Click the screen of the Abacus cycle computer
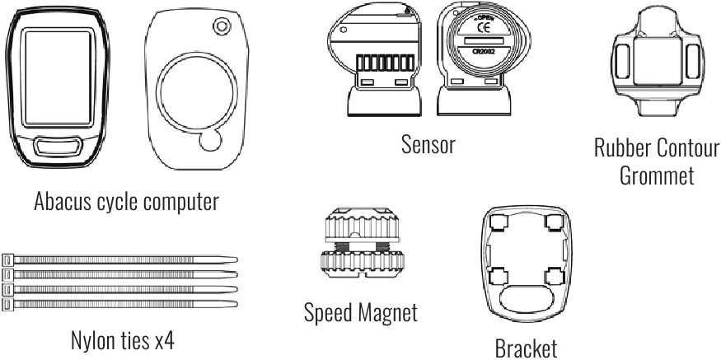[x=58, y=77]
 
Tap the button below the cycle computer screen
[x=58, y=147]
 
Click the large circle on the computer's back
[x=197, y=92]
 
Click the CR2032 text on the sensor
[x=483, y=52]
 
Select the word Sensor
[x=428, y=144]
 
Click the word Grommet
[x=657, y=175]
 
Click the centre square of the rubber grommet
[x=657, y=61]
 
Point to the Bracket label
[x=527, y=348]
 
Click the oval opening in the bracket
[x=527, y=299]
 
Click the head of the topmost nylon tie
[x=7, y=259]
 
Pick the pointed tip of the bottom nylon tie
[x=236, y=304]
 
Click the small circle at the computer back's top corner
[x=222, y=26]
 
